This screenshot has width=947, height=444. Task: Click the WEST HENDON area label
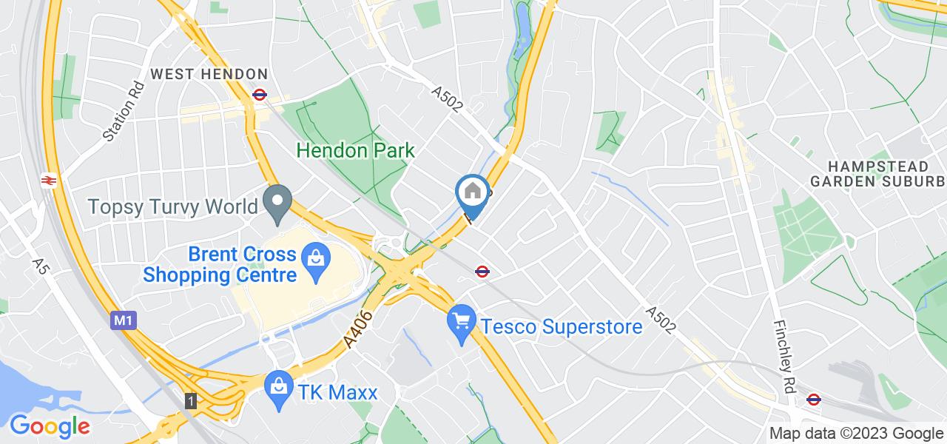pyautogui.click(x=209, y=74)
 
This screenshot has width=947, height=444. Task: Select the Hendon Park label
pyautogui.click(x=355, y=150)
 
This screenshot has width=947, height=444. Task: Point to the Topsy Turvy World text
pyautogui.click(x=173, y=206)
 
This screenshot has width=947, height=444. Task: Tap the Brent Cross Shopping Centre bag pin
pyautogui.click(x=315, y=260)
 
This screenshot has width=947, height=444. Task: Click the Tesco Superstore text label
pyautogui.click(x=561, y=326)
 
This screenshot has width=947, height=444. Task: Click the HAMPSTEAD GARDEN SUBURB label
pyautogui.click(x=877, y=172)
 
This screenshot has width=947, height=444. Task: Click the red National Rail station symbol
pyautogui.click(x=50, y=180)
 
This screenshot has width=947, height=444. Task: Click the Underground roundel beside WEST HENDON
pyautogui.click(x=259, y=95)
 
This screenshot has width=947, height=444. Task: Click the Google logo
pyautogui.click(x=50, y=426)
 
